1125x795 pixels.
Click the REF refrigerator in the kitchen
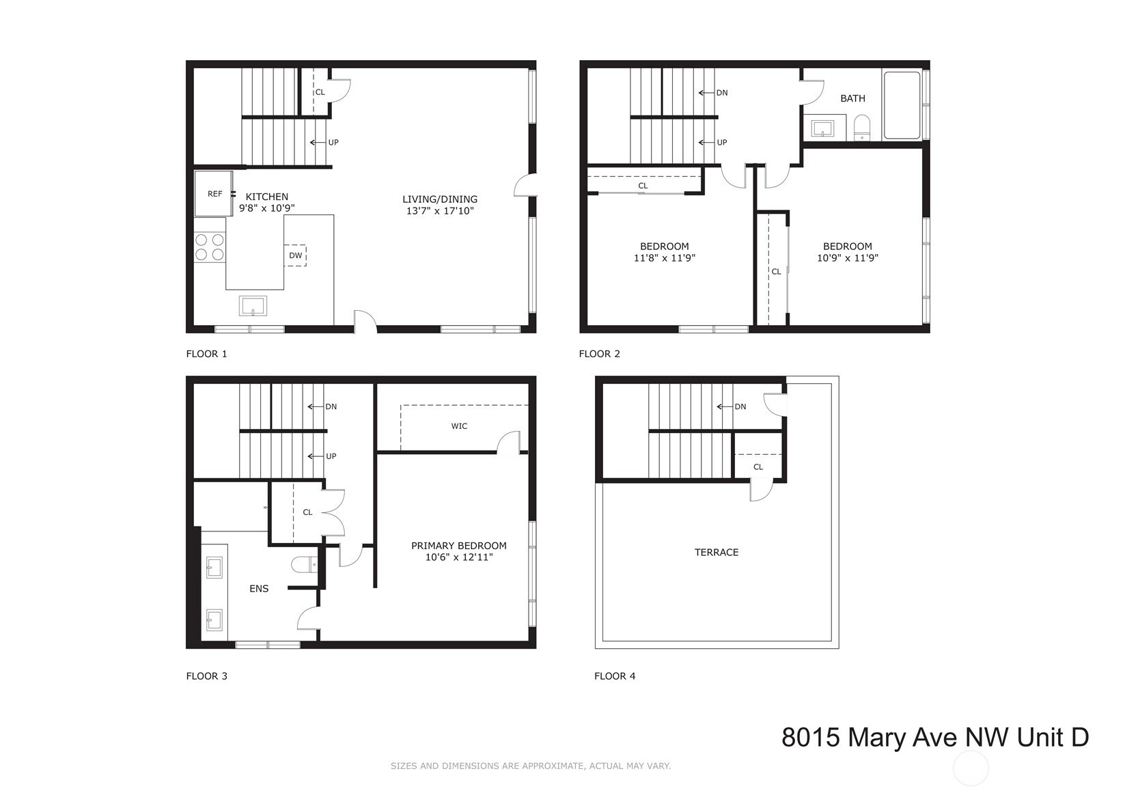click(213, 193)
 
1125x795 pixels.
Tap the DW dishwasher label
click(295, 255)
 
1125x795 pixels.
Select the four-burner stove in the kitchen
click(210, 248)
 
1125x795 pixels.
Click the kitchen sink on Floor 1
click(253, 306)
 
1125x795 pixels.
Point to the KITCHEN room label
click(266, 197)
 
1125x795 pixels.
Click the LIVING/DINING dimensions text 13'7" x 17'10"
click(440, 211)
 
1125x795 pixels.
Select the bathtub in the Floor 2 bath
click(902, 105)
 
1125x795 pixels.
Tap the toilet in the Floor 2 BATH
click(862, 128)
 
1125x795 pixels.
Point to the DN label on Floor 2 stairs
click(722, 93)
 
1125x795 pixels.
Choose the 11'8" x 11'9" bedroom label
click(665, 258)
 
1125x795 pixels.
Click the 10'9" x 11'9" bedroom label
click(847, 258)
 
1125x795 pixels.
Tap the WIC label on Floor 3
click(459, 426)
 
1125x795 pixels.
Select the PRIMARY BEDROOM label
click(458, 546)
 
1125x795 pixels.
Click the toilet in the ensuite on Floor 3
click(305, 564)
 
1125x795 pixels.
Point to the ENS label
click(259, 589)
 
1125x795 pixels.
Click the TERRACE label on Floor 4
click(716, 553)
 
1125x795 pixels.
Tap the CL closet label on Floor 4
click(758, 467)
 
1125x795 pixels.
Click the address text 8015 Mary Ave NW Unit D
click(935, 738)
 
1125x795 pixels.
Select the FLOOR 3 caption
click(206, 676)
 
